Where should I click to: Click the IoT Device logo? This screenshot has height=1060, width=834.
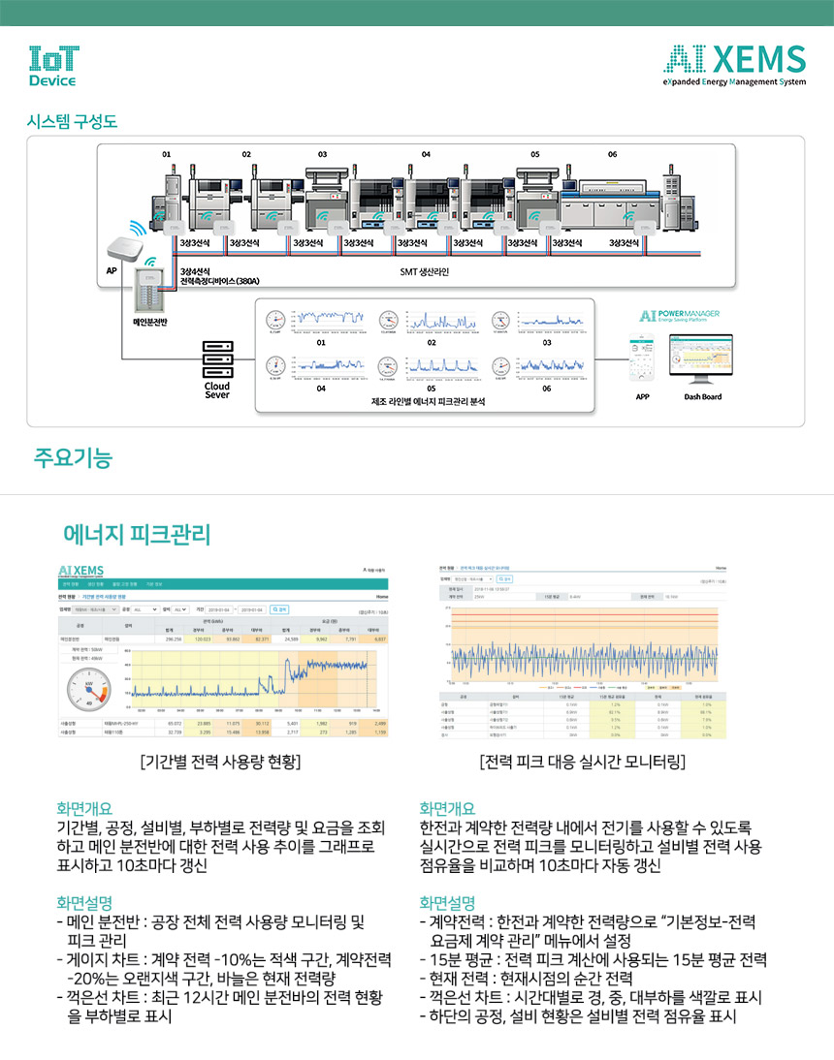point(54,65)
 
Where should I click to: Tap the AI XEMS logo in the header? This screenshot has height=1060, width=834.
point(734,65)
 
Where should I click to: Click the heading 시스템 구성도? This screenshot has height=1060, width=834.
point(72,122)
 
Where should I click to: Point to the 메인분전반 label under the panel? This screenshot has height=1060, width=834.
point(150,321)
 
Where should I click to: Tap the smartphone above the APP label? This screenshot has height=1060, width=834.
point(641,359)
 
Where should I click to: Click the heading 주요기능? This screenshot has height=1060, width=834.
point(73,458)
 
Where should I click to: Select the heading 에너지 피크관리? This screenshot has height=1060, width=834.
point(137,535)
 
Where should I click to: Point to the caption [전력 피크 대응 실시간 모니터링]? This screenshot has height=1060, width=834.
point(583,762)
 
